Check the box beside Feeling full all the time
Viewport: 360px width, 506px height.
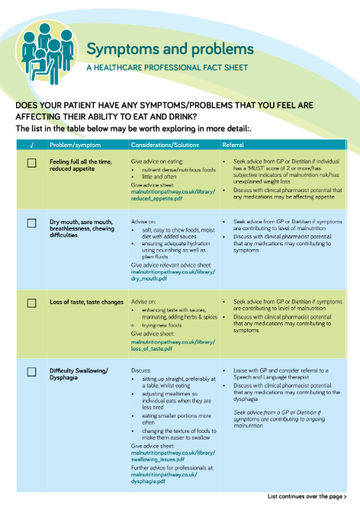[x=31, y=162]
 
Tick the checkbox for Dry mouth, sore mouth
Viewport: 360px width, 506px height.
[x=31, y=223]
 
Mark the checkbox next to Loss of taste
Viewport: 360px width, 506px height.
[x=31, y=303]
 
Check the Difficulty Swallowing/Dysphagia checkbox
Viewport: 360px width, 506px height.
[x=31, y=372]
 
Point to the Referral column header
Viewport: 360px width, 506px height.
[x=233, y=145]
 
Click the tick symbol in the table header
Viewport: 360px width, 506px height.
[x=31, y=145]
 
